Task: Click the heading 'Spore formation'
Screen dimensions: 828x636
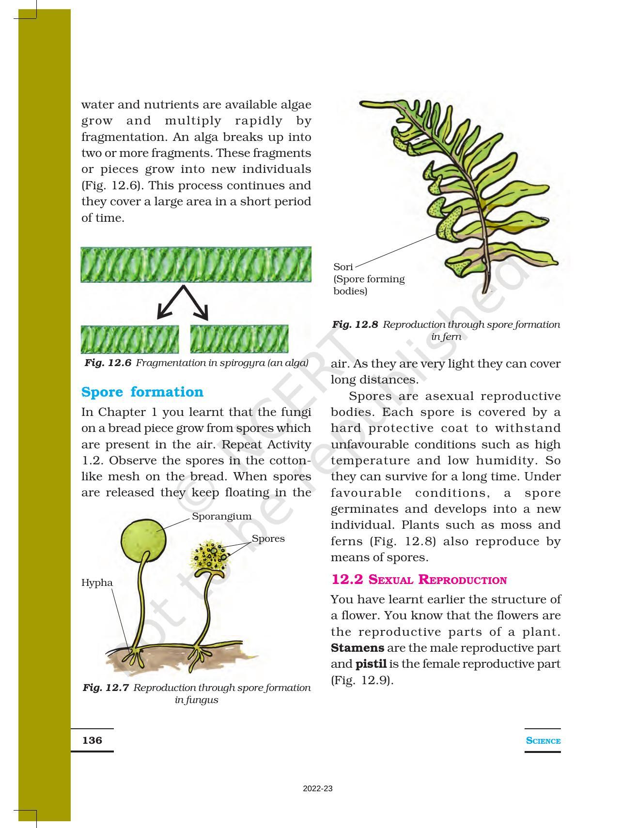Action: pyautogui.click(x=142, y=392)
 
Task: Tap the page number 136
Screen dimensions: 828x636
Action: pyautogui.click(x=92, y=740)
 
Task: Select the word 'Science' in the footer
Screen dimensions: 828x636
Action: pyautogui.click(x=543, y=741)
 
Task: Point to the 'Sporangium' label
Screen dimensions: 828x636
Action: pyautogui.click(x=221, y=516)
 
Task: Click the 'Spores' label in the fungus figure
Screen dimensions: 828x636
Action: pyautogui.click(x=268, y=538)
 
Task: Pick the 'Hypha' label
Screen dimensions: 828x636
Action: pyautogui.click(x=97, y=583)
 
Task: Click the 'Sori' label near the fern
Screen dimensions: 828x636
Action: pyautogui.click(x=343, y=267)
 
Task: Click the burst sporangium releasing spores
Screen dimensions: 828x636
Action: pyautogui.click(x=211, y=557)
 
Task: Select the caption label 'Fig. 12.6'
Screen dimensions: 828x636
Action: pyautogui.click(x=108, y=363)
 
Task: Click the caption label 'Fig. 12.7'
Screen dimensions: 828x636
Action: pyautogui.click(x=106, y=688)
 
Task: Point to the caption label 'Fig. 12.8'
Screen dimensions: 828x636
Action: pyautogui.click(x=355, y=324)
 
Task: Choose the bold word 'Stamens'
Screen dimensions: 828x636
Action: pyautogui.click(x=357, y=648)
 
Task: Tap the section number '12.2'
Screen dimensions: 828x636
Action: pyautogui.click(x=347, y=580)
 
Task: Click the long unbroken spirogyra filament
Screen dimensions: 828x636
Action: pyautogui.click(x=196, y=264)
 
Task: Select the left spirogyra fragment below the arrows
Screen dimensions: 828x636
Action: pyautogui.click(x=129, y=339)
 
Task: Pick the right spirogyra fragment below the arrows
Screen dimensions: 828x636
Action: pyautogui.click(x=239, y=339)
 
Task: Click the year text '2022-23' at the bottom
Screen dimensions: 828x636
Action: pyautogui.click(x=318, y=789)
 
